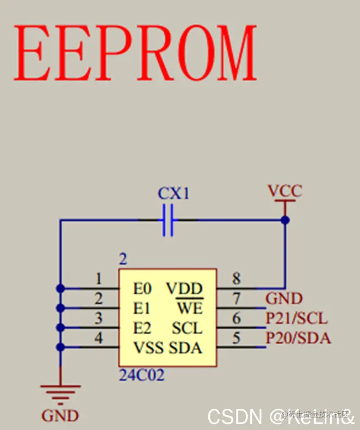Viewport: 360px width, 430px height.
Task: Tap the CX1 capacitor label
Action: coord(173,193)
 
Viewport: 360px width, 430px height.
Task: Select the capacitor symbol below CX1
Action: coord(168,220)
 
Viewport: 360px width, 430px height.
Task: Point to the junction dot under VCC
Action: coord(284,220)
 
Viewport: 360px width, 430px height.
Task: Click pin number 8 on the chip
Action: coord(237,279)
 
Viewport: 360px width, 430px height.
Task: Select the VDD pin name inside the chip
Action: coord(184,288)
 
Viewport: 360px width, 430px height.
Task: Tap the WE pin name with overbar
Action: coord(189,309)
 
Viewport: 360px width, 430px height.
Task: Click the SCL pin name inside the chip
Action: coord(187,328)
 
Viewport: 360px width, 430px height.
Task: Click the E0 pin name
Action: coord(142,288)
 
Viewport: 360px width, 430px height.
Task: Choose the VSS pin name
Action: coord(148,348)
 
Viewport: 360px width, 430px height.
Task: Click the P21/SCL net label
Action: coord(297,318)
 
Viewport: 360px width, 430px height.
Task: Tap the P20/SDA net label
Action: coord(298,338)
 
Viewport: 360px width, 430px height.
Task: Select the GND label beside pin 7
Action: coord(284,299)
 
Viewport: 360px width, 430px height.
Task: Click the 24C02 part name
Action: coord(141,375)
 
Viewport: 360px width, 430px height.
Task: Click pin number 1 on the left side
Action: coord(98,279)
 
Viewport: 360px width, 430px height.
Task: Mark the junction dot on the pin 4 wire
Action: coord(60,347)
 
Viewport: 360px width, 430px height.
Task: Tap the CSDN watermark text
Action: coord(234,417)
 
